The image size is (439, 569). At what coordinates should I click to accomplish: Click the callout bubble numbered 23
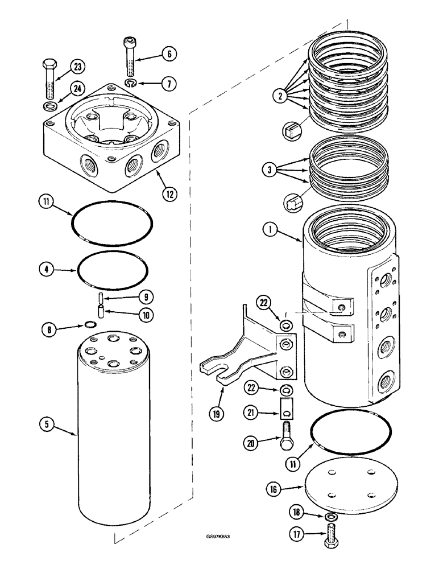77,67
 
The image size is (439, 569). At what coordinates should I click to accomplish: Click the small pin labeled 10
100,312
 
